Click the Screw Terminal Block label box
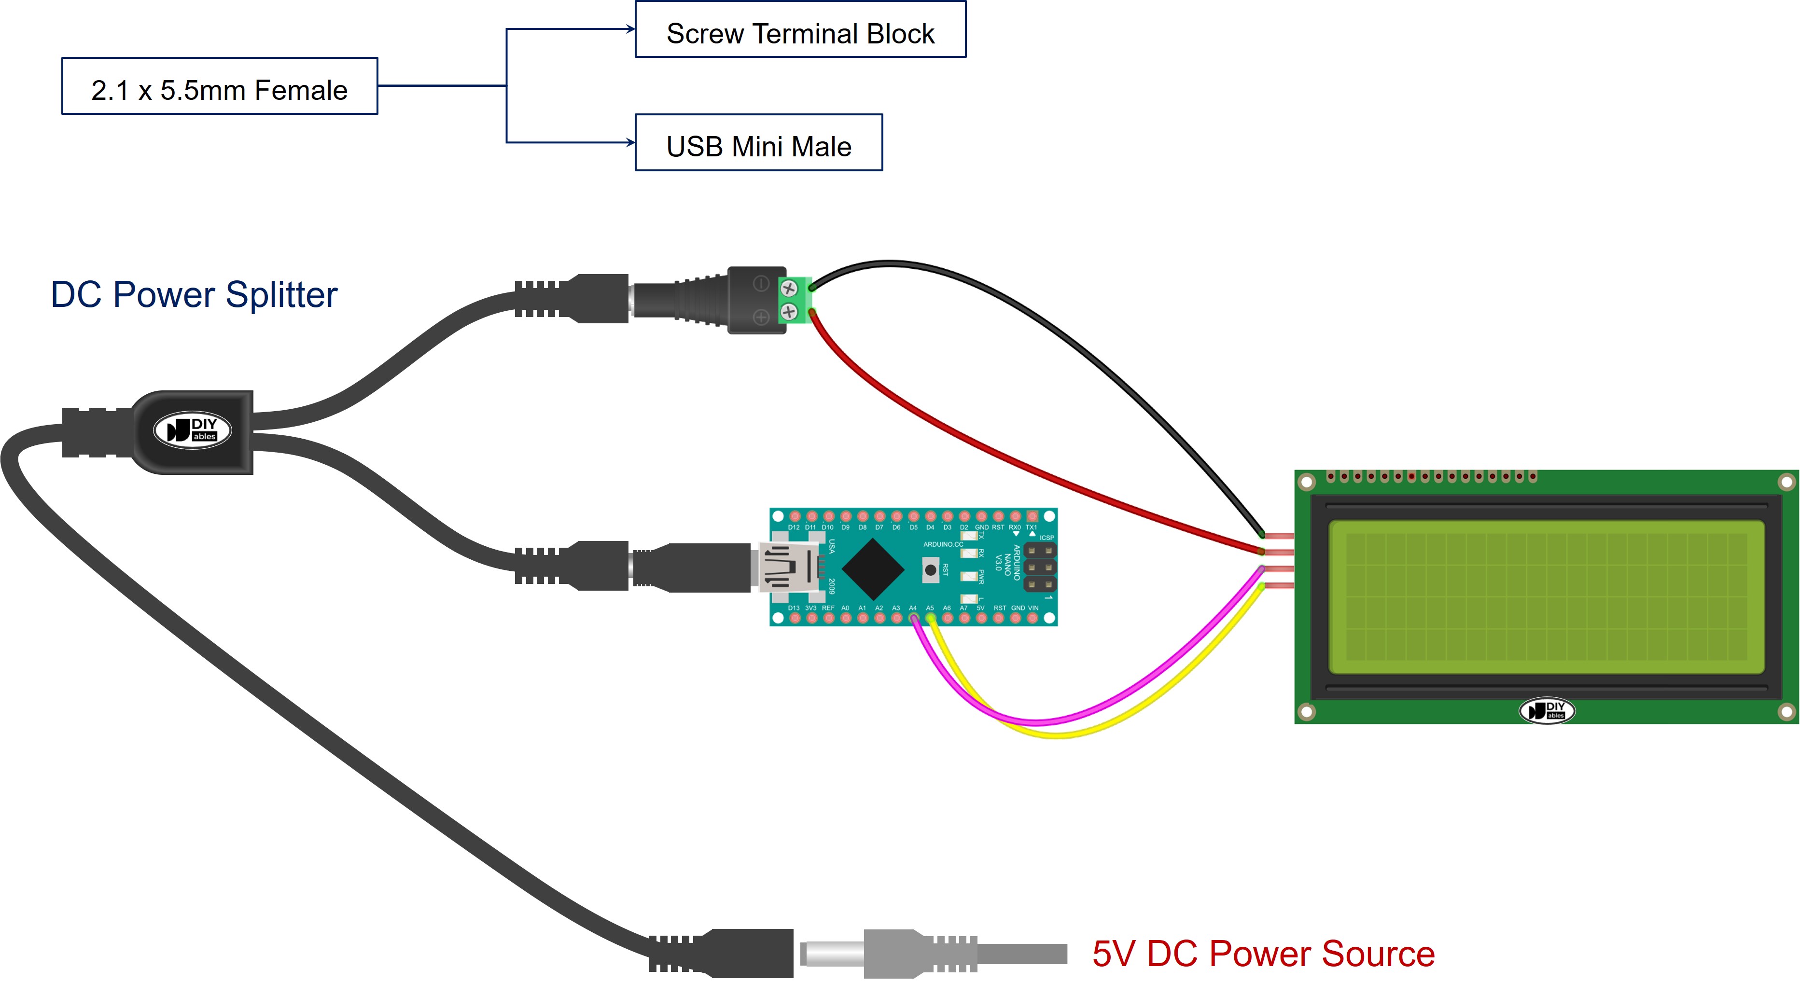point(800,30)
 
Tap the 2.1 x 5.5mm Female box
point(220,86)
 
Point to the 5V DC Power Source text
point(1263,954)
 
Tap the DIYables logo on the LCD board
point(1547,711)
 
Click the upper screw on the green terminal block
point(789,288)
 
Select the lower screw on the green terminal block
point(789,312)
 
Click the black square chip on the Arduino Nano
point(873,568)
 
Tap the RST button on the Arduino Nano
point(930,570)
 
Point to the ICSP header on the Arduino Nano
point(1039,567)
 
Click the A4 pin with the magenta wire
point(913,618)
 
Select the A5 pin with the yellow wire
point(930,618)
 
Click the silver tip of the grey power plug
point(832,954)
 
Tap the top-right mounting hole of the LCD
point(1786,482)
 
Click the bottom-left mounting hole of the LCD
point(1306,712)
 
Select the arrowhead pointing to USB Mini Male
point(631,142)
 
